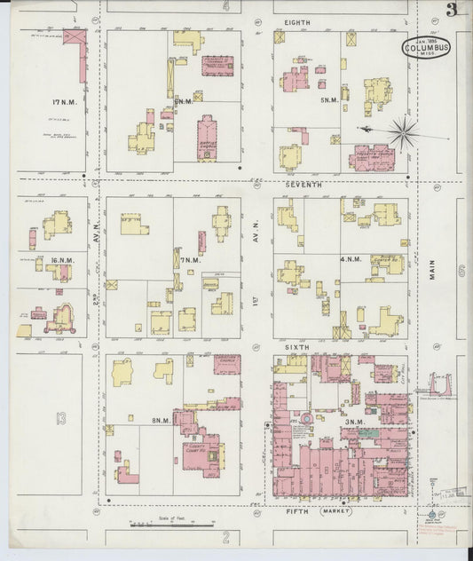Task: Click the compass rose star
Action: coord(403,132)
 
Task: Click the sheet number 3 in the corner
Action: coord(453,10)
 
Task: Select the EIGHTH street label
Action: coord(298,20)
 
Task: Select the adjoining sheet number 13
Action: coord(60,416)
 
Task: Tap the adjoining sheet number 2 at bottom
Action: coord(226,537)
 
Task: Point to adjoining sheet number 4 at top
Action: coord(226,7)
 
